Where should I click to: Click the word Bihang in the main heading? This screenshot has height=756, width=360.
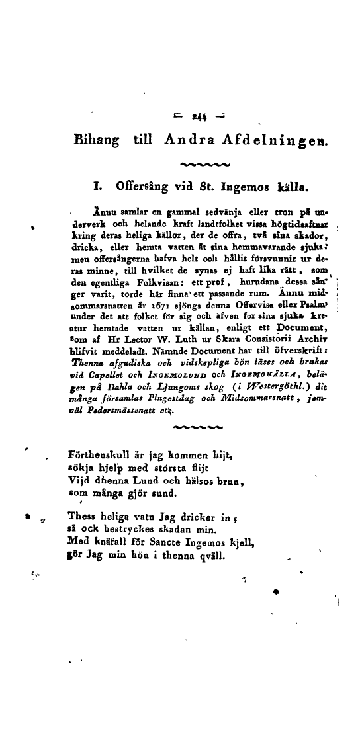coord(97,140)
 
